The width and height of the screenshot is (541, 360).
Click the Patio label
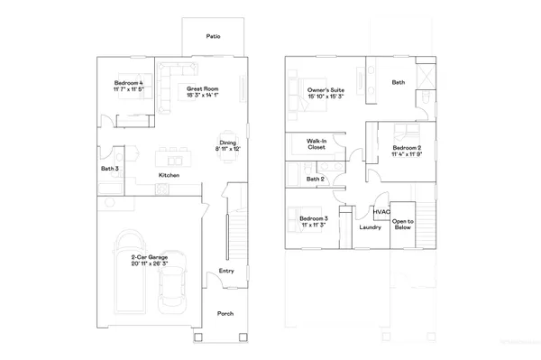[x=213, y=37]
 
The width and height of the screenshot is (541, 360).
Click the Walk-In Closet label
[x=316, y=144]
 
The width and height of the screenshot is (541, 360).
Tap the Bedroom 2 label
[x=408, y=151]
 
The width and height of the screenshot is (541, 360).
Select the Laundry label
[x=370, y=227]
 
